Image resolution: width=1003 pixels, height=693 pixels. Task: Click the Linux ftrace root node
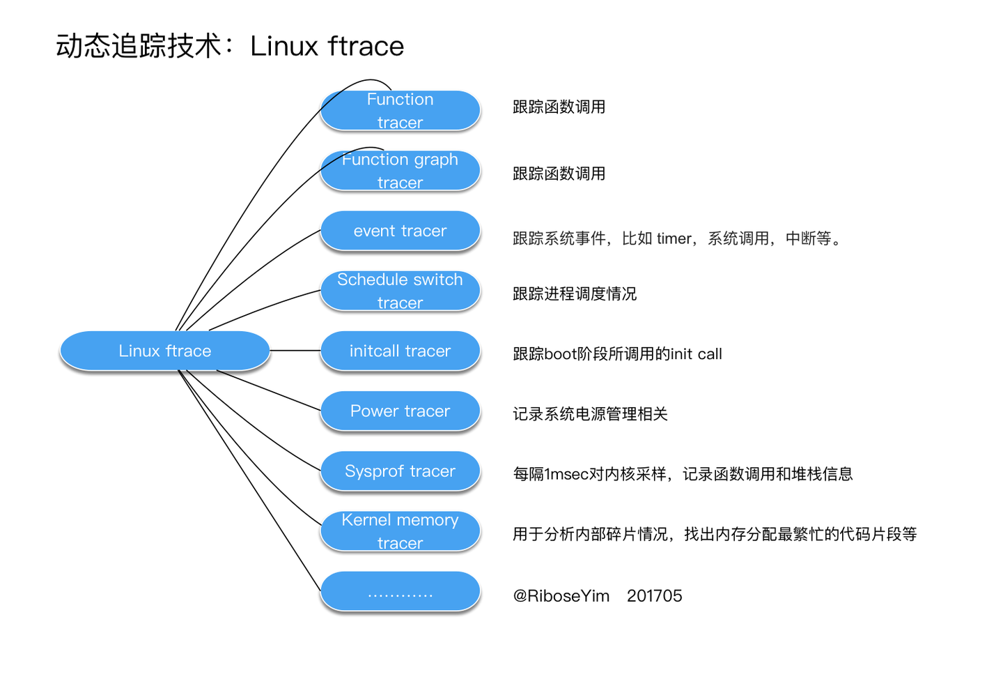pyautogui.click(x=164, y=351)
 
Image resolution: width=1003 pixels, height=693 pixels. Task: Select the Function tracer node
pyautogui.click(x=400, y=111)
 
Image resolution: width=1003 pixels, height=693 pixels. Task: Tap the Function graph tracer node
pyautogui.click(x=400, y=171)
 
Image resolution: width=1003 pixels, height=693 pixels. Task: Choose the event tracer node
pyautogui.click(x=400, y=231)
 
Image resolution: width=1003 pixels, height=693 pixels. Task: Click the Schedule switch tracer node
pyautogui.click(x=400, y=291)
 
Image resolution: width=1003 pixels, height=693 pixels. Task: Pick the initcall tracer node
pyautogui.click(x=400, y=351)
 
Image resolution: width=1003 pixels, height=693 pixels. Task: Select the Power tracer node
pyautogui.click(x=400, y=411)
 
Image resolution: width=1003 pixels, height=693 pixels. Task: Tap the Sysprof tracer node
pyautogui.click(x=400, y=471)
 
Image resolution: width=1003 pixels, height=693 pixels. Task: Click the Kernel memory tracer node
pyautogui.click(x=400, y=531)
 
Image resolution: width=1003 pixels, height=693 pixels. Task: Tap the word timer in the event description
pyautogui.click(x=674, y=238)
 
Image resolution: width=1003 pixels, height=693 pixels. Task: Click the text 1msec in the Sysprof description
pyautogui.click(x=566, y=475)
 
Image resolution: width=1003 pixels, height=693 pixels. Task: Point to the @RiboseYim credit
pyautogui.click(x=561, y=596)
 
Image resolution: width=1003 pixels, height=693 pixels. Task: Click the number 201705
pyautogui.click(x=654, y=596)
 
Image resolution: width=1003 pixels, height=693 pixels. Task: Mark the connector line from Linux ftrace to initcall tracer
pyautogui.click(x=295, y=350)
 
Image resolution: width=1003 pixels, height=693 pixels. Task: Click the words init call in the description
pyautogui.click(x=696, y=354)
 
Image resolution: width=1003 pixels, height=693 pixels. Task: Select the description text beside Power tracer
pyautogui.click(x=590, y=414)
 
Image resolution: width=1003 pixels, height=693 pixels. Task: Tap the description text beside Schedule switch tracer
pyautogui.click(x=575, y=294)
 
